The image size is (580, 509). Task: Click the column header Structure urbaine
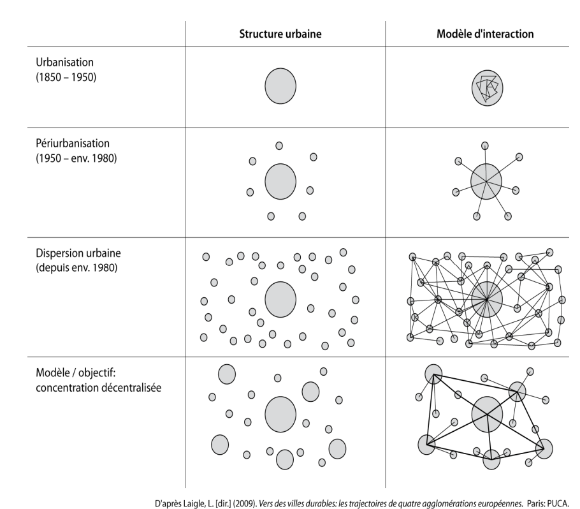pos(280,34)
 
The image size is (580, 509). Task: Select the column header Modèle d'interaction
pos(485,34)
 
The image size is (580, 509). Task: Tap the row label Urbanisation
pos(65,62)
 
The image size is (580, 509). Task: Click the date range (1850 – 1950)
pos(66,77)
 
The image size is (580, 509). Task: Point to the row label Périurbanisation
pos(73,144)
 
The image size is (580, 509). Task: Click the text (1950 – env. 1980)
pos(76,158)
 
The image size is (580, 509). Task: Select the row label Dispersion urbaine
pos(78,253)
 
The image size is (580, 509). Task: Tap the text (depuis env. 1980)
pos(76,268)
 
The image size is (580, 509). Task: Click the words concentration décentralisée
pos(98,388)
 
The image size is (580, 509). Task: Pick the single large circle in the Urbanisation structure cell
pos(280,86)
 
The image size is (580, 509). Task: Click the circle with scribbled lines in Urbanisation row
pos(487,88)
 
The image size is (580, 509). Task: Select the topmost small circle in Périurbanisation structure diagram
pos(279,146)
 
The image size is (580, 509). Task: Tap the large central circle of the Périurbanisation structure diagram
pos(280,182)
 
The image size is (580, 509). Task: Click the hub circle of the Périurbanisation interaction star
pos(486,181)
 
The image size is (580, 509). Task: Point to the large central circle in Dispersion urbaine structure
pos(280,300)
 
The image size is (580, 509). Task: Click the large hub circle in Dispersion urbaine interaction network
pos(487,299)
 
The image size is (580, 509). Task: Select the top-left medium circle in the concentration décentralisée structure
pos(227,374)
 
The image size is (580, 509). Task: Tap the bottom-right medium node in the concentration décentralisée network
pos(544,449)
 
